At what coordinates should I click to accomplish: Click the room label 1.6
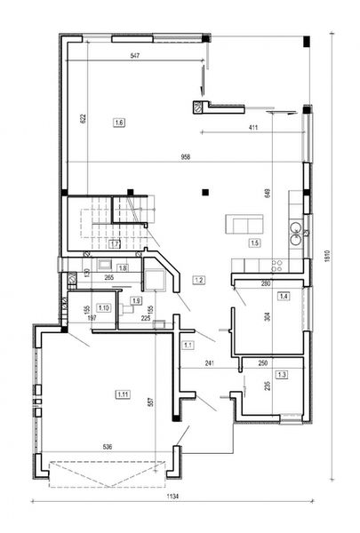119,121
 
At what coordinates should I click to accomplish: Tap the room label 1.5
254,242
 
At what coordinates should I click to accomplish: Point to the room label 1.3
281,376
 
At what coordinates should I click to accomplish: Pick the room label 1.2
199,281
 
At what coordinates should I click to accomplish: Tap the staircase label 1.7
115,243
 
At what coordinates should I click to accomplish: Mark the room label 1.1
188,344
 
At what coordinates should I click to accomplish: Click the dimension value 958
185,157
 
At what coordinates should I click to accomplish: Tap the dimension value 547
134,56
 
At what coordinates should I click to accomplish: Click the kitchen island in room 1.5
243,221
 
